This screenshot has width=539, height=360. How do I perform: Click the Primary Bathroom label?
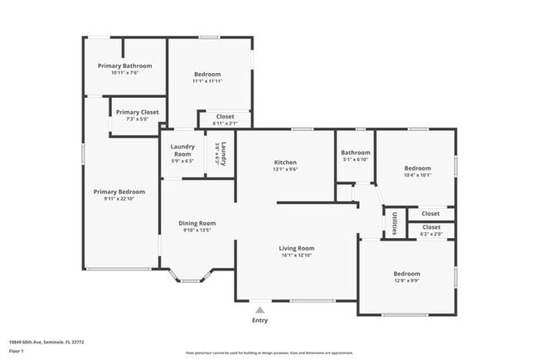(x=124, y=66)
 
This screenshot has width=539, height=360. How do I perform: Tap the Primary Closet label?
(x=137, y=112)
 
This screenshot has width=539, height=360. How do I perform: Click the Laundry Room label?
(x=182, y=150)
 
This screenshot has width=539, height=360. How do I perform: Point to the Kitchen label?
(x=285, y=162)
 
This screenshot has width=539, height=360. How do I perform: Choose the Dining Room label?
(x=197, y=222)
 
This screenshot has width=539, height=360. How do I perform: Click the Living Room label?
(x=295, y=247)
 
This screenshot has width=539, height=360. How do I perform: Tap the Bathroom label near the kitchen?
(x=355, y=152)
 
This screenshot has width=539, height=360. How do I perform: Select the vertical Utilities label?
(x=393, y=224)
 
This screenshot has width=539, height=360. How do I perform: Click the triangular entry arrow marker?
(x=260, y=309)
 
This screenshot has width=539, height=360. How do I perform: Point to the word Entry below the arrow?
(x=260, y=320)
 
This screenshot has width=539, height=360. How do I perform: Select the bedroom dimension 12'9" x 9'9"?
(x=406, y=280)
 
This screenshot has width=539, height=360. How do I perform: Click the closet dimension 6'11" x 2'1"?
(x=225, y=124)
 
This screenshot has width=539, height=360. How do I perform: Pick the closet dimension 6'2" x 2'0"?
(x=431, y=234)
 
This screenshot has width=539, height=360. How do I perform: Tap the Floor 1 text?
(x=17, y=351)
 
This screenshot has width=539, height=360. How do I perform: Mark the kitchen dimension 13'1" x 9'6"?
(x=285, y=169)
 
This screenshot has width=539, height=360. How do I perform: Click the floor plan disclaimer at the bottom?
(x=269, y=353)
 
